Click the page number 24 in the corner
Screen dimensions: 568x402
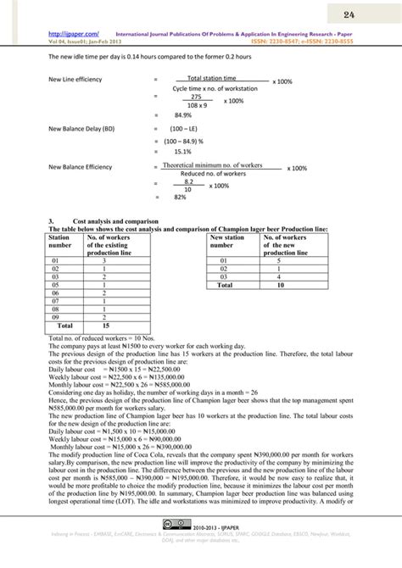(371, 16)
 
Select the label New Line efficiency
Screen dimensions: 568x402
(81, 81)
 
